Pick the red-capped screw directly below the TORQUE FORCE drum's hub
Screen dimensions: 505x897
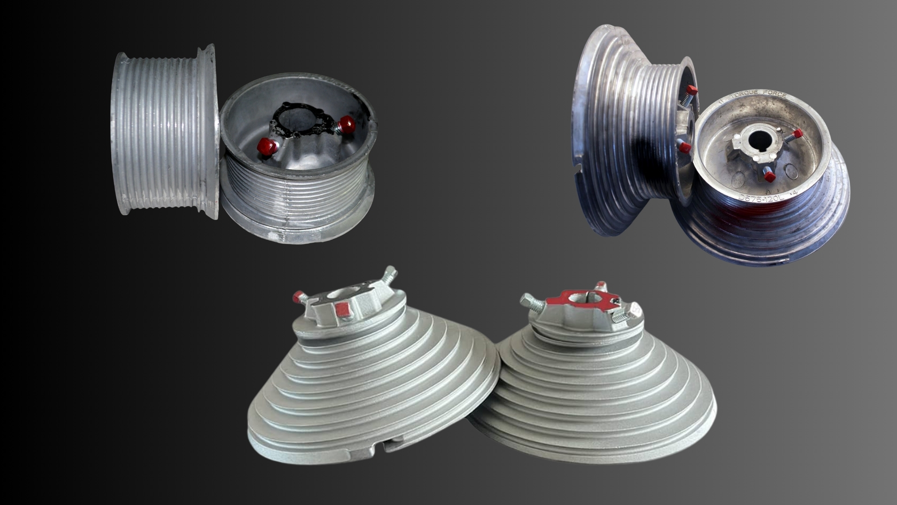tap(768, 176)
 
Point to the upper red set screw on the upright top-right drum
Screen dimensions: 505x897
tap(691, 89)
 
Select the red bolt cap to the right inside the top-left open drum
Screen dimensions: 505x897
tap(347, 124)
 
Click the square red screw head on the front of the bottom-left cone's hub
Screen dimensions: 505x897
tap(343, 309)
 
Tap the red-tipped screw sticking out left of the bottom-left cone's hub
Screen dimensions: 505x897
tap(298, 296)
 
